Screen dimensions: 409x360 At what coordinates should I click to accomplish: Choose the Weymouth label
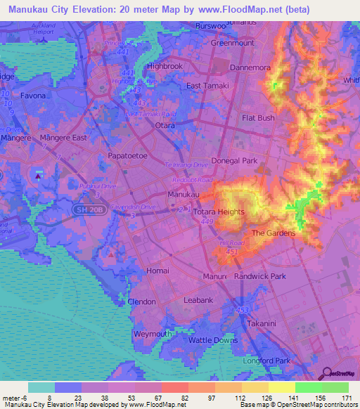coord(152,333)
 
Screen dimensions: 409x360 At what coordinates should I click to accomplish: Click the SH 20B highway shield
coord(82,209)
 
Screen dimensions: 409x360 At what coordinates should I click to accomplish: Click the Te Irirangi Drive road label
coord(186,164)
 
